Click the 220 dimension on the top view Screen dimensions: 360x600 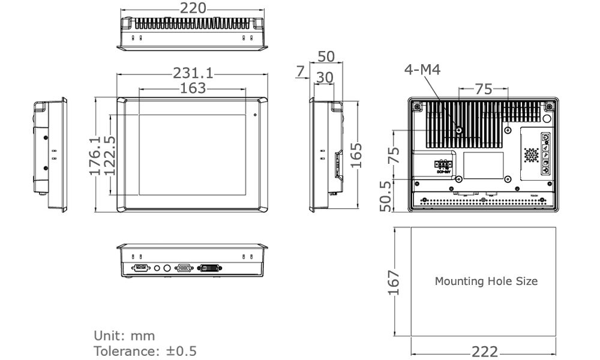click(x=193, y=8)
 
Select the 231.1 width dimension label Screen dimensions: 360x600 click(x=193, y=73)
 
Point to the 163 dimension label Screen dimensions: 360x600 click(x=193, y=88)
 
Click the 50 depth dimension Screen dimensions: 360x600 click(x=326, y=57)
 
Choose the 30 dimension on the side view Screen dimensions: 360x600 click(x=325, y=77)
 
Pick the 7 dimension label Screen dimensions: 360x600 click(x=300, y=72)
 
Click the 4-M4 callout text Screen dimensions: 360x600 click(x=422, y=70)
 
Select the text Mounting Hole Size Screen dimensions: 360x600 click(x=486, y=281)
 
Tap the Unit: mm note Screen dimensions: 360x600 click(x=124, y=335)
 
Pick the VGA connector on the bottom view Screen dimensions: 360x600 click(x=183, y=268)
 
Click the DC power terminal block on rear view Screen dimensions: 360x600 click(x=442, y=164)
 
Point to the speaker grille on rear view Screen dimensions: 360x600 click(x=531, y=154)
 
